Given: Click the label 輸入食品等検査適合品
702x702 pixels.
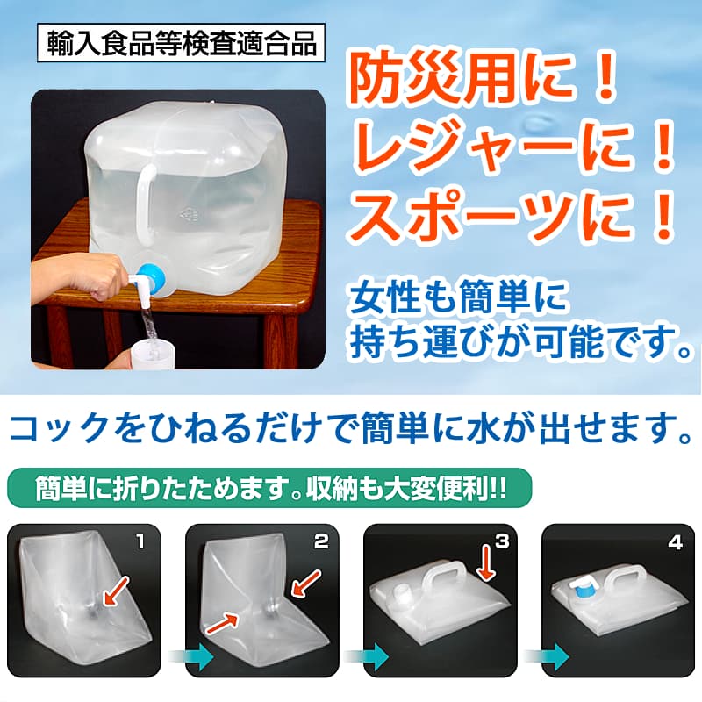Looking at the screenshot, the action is point(181,43).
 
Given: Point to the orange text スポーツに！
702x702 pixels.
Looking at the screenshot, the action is point(513,216).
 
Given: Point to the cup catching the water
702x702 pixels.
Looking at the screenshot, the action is point(151,354).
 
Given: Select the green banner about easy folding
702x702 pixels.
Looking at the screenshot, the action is point(269,488).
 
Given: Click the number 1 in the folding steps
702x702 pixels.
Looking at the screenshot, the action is point(140,541).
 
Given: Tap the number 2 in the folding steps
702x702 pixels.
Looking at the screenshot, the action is point(321,541).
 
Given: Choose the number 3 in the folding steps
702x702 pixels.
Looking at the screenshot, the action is point(502,541).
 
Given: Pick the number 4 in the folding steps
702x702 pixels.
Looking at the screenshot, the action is point(675,542).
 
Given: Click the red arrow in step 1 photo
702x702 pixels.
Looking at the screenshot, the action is point(116,591).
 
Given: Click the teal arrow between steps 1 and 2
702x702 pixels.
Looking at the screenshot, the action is point(191,656).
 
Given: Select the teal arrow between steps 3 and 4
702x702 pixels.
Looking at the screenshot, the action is point(546,656).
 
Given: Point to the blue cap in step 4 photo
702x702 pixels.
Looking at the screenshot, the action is point(583,590).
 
